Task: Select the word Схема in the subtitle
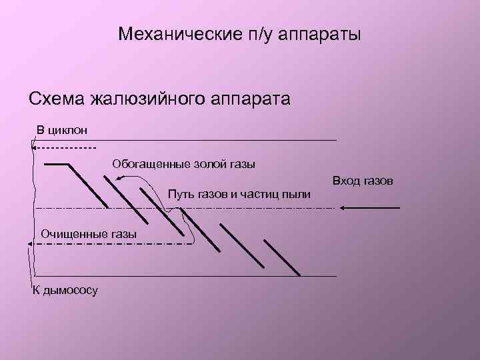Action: (56, 99)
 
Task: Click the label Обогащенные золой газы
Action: (183, 163)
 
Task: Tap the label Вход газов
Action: (363, 181)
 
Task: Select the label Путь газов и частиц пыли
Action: (239, 194)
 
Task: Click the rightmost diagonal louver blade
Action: (281, 255)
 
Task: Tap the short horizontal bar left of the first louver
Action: (56, 163)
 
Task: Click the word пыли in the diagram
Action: (299, 194)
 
